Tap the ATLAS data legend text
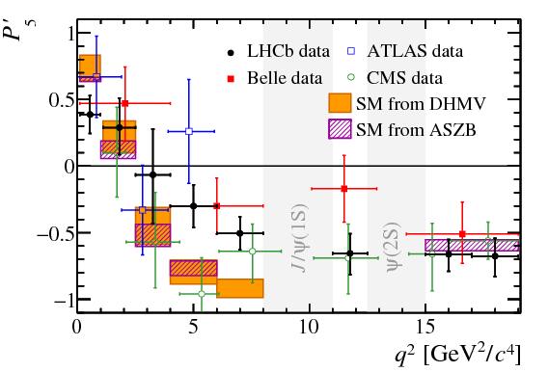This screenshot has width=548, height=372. [x=405, y=50]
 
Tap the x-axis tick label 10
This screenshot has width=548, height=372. [x=309, y=328]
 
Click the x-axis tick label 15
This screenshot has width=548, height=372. [x=425, y=328]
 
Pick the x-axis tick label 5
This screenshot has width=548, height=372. [x=193, y=328]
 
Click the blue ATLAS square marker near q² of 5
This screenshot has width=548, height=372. [x=190, y=131]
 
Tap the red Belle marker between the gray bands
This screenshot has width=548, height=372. [x=344, y=189]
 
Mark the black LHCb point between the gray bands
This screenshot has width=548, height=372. [x=350, y=253]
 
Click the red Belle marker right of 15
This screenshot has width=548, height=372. [x=463, y=234]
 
